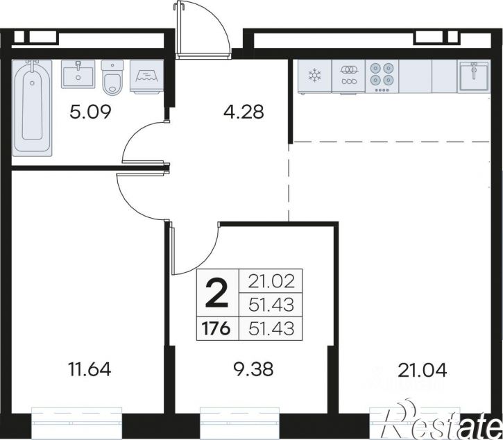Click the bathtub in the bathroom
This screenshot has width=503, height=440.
click(x=32, y=108)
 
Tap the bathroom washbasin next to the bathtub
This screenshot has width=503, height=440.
click(x=78, y=74)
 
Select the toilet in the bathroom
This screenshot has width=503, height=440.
click(x=112, y=78)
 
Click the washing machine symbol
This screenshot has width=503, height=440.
click(x=147, y=77)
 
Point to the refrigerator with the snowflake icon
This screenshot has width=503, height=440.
click(x=314, y=76)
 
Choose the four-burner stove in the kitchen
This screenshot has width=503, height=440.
click(x=382, y=76)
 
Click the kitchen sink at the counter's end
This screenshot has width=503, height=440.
click(x=473, y=76)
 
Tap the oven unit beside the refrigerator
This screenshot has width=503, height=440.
click(x=348, y=76)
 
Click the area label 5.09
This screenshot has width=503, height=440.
click(x=90, y=112)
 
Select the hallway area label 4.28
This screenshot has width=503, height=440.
click(x=244, y=112)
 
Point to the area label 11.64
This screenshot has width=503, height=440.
click(x=89, y=369)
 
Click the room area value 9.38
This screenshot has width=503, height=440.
click(x=253, y=369)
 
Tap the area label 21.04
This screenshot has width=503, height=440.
click(x=422, y=370)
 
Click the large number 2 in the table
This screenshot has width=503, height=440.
click(x=217, y=293)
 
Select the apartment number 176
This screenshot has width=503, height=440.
click(x=216, y=329)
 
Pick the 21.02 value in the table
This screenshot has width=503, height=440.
click(x=271, y=282)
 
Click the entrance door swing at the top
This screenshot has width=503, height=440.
click(x=203, y=31)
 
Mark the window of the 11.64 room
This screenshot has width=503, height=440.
click(x=77, y=423)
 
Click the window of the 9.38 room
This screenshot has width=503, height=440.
click(x=240, y=423)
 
